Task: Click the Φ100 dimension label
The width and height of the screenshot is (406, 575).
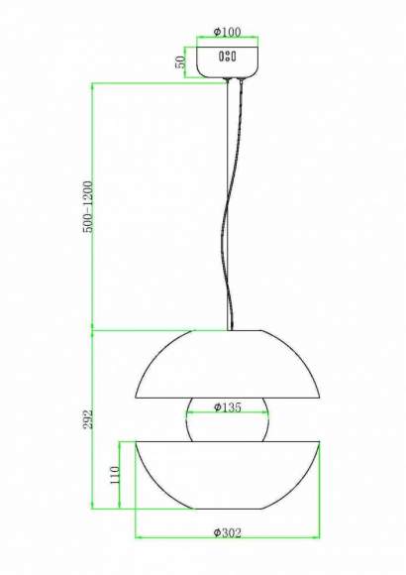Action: pos(227,33)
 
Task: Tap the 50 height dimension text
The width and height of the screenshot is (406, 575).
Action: pos(180,62)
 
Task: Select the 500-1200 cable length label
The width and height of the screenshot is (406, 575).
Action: pos(89,206)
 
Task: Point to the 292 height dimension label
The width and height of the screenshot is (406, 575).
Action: pos(88,418)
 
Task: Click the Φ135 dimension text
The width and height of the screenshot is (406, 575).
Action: pos(228,407)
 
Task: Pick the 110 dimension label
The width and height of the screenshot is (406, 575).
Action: pos(115,475)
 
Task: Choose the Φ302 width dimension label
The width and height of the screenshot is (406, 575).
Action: pos(228,532)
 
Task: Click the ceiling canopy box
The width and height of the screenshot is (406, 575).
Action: pos(228,61)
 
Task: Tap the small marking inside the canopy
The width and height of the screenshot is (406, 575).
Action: pos(228,57)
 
